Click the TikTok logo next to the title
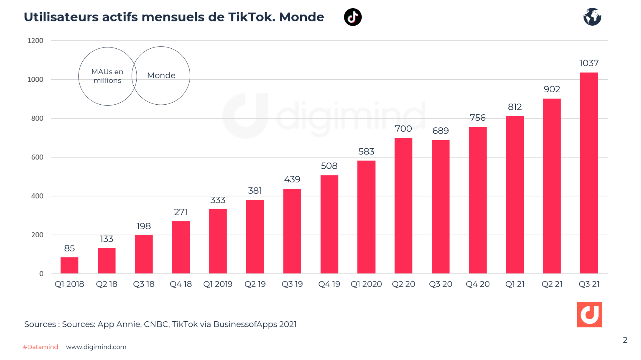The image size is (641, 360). (x=353, y=17)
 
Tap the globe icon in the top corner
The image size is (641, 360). (x=592, y=17)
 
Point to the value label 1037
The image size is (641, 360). (x=589, y=63)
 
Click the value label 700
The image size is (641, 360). (x=403, y=129)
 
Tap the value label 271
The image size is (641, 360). (x=181, y=212)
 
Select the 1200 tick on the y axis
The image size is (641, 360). (x=35, y=41)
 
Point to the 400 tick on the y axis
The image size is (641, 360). (x=37, y=196)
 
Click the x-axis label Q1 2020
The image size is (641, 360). (x=366, y=284)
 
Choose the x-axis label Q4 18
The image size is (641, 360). (x=181, y=284)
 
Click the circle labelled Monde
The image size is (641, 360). (x=161, y=76)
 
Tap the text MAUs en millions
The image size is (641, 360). (x=107, y=76)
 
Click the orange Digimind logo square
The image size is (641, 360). (x=589, y=314)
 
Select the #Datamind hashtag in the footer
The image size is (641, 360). (x=40, y=347)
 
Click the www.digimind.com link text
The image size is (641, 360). (x=96, y=347)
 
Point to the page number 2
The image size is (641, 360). (x=625, y=340)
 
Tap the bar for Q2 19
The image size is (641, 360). (x=255, y=236)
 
